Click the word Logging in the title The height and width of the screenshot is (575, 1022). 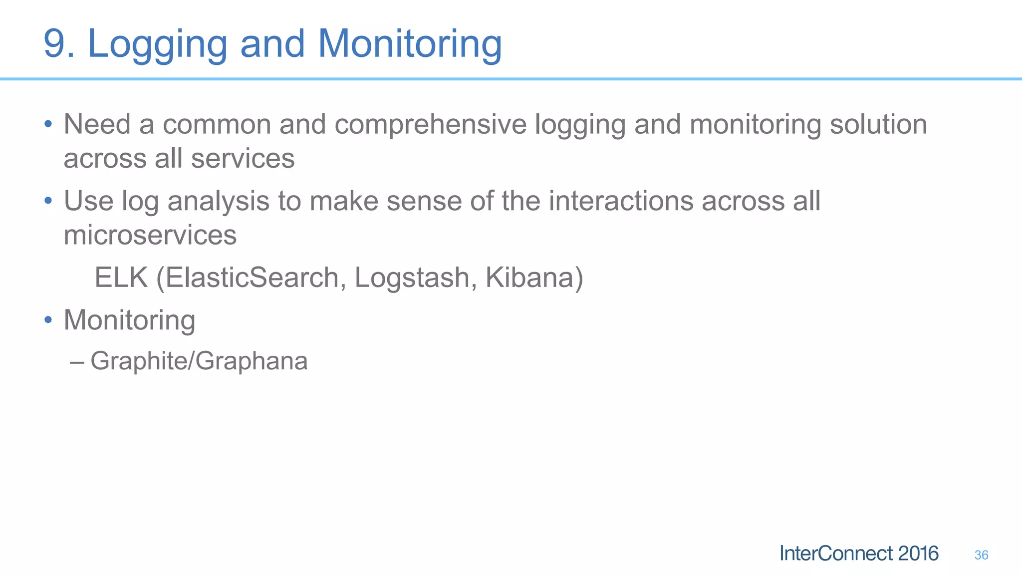(157, 45)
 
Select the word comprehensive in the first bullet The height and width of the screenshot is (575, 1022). (430, 125)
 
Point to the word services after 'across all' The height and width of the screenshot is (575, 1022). (243, 159)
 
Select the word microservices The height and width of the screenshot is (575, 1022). (150, 235)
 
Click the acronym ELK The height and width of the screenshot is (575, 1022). (121, 278)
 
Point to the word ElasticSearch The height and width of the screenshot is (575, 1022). (252, 278)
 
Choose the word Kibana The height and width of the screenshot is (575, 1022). (533, 278)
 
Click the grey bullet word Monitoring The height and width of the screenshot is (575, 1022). (129, 320)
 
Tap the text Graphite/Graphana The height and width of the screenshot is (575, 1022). (199, 361)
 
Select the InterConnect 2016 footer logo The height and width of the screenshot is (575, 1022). (858, 554)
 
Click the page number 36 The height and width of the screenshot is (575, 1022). (981, 555)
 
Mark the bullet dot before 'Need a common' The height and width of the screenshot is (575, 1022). (48, 124)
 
